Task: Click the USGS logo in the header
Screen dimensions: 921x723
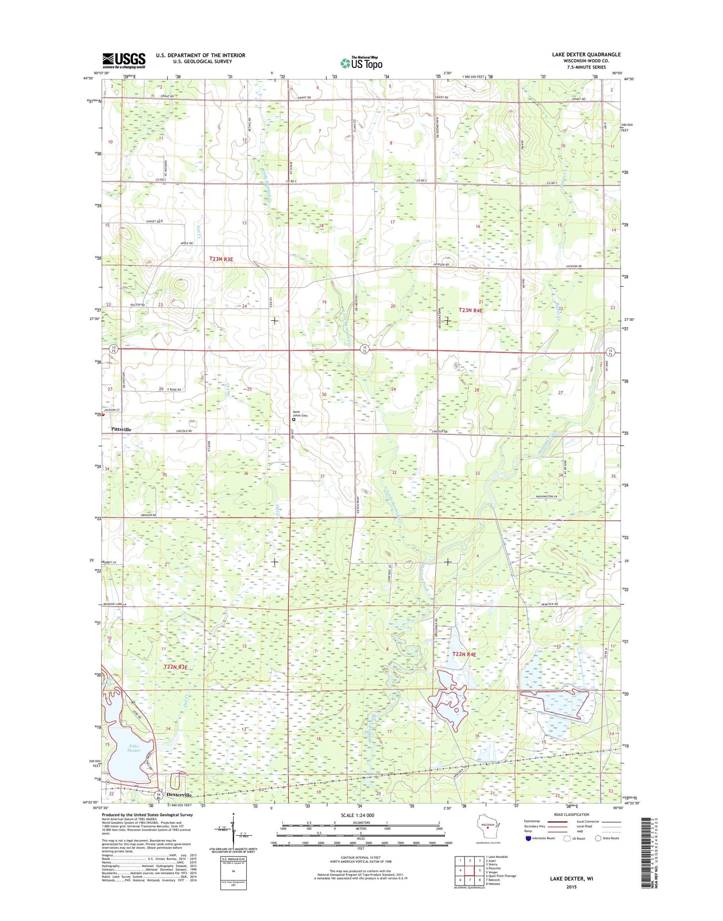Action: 123,60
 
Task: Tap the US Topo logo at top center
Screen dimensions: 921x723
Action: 361,63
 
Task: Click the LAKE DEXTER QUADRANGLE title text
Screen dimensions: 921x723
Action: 586,54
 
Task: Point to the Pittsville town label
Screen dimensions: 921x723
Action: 121,429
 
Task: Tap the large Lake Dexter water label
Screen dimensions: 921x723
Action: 134,748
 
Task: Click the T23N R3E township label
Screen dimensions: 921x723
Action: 221,259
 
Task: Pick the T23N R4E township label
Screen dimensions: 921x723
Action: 470,311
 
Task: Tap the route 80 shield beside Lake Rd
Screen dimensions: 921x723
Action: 133,703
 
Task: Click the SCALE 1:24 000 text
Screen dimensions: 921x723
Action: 357,815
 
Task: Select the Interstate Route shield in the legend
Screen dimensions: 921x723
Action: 528,838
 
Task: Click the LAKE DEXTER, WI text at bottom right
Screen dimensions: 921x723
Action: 571,879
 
